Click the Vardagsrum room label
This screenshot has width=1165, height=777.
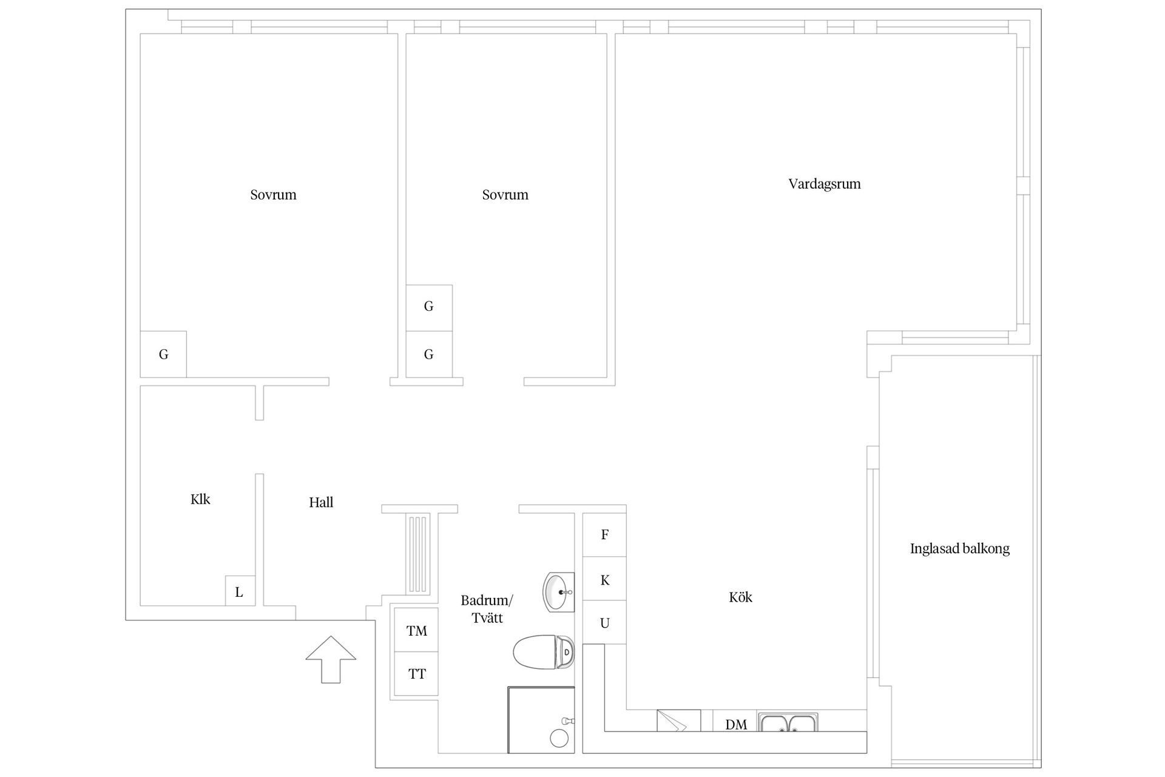824,184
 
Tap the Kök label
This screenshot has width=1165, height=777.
740,597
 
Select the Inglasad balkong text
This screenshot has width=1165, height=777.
959,549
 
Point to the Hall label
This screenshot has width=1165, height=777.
321,502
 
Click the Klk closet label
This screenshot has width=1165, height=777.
200,499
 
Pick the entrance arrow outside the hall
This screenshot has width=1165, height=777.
331,659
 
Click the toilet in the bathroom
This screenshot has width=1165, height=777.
544,652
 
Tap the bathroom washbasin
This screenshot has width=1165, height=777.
558,592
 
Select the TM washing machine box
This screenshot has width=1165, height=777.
416,630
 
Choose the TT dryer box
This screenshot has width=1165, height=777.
416,674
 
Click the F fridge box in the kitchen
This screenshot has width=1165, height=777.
604,535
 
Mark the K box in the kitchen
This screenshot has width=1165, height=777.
604,580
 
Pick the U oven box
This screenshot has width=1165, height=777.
604,623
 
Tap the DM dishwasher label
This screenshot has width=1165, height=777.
736,724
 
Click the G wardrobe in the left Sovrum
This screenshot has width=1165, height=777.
163,354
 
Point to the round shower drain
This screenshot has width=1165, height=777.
559,738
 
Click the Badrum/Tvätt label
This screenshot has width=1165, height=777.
487,609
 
